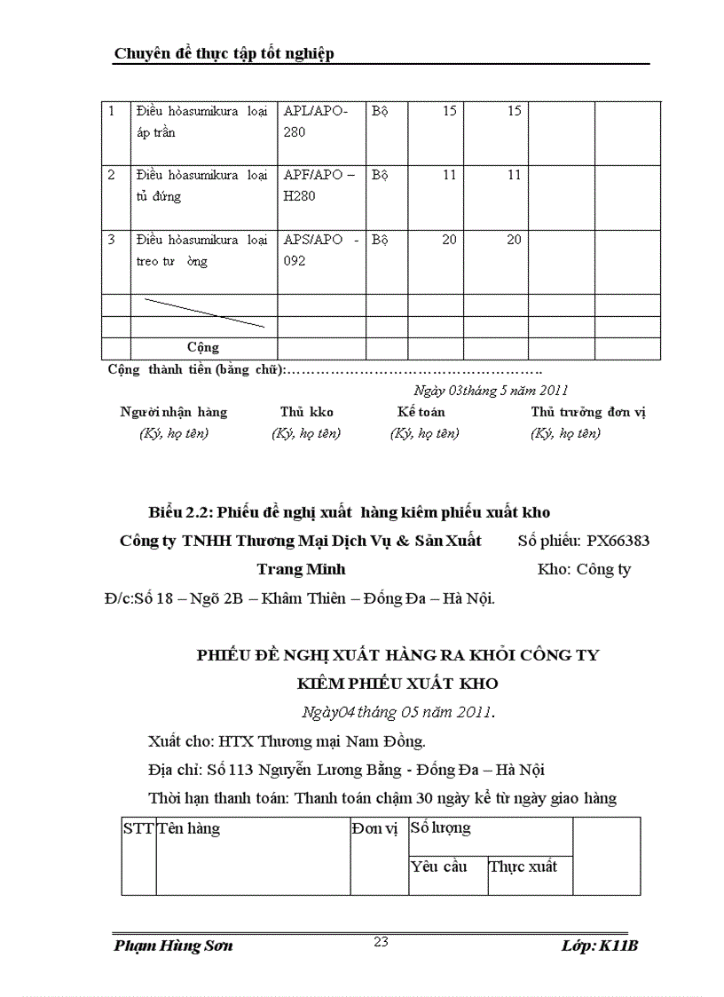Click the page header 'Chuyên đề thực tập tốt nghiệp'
pyautogui.click(x=224, y=53)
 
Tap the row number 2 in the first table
pyautogui.click(x=112, y=176)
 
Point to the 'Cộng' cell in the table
pyautogui.click(x=203, y=347)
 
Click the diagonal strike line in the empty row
pyautogui.click(x=204, y=313)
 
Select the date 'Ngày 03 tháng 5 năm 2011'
pyautogui.click(x=491, y=390)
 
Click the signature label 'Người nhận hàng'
pyautogui.click(x=174, y=412)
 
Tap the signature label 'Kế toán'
pyautogui.click(x=421, y=412)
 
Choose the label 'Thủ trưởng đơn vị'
pyautogui.click(x=588, y=412)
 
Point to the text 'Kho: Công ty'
pyautogui.click(x=584, y=569)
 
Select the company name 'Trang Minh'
pyautogui.click(x=301, y=569)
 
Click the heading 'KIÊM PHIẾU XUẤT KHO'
pyautogui.click(x=397, y=684)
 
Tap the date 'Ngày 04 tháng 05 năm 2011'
pyautogui.click(x=397, y=712)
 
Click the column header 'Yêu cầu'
pyautogui.click(x=438, y=866)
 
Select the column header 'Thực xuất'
pyautogui.click(x=523, y=866)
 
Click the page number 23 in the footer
pyautogui.click(x=382, y=942)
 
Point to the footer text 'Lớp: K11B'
pyautogui.click(x=600, y=946)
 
